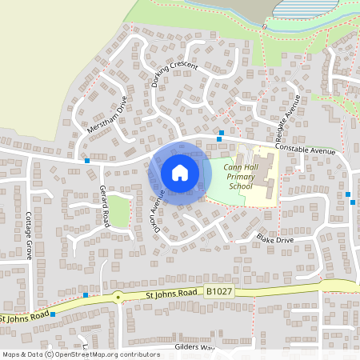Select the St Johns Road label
pyautogui.click(x=170, y=294)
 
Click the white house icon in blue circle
pyautogui.click(x=179, y=172)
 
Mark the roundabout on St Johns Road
pyautogui.click(x=119, y=298)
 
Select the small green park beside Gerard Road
pyautogui.click(x=118, y=212)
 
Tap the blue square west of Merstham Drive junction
pyautogui.click(x=86, y=161)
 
